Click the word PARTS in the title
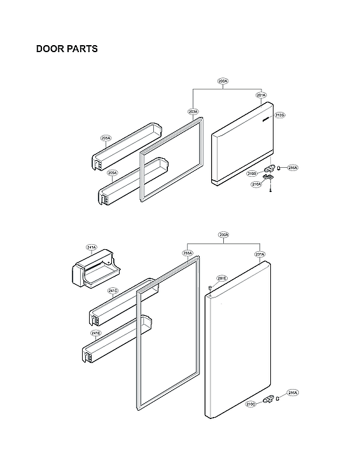point(82,49)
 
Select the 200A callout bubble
point(223,81)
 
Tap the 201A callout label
point(261,95)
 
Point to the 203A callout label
point(193,111)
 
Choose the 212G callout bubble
point(280,115)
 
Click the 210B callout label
point(252,173)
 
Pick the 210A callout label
point(256,184)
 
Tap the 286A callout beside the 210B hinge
point(293,168)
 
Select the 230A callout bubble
point(223,235)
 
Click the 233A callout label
point(188,253)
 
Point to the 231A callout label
point(260,254)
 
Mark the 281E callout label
point(221,278)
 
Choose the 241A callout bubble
point(92,247)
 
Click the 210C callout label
point(251,404)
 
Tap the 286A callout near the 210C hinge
point(293,393)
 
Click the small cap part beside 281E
point(209,288)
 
